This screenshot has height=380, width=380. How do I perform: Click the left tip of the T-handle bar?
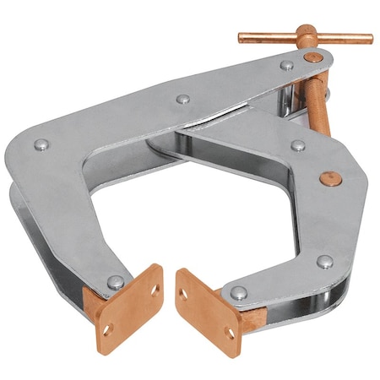click(x=242, y=37)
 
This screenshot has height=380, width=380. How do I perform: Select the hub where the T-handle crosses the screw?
click(x=306, y=37)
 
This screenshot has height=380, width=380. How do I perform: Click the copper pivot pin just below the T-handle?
click(x=313, y=57)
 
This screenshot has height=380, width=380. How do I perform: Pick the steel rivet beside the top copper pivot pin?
click(x=287, y=65)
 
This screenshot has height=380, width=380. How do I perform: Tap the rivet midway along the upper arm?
click(x=183, y=99)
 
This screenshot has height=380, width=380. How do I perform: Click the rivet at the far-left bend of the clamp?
click(x=41, y=145)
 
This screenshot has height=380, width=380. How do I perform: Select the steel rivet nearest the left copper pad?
click(x=116, y=282)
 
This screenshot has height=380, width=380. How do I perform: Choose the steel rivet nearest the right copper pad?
click(x=239, y=293)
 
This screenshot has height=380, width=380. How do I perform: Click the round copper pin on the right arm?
click(x=332, y=179)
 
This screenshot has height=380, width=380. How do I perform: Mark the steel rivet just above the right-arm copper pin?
click(x=298, y=145)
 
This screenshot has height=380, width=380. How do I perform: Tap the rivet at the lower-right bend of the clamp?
click(x=325, y=262)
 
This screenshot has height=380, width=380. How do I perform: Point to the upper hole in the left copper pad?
click(x=155, y=290)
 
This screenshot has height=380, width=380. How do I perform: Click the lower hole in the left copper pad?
click(x=106, y=328)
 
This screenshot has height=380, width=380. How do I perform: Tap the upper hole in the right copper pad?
click(x=183, y=295)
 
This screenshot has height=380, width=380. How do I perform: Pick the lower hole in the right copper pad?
click(x=230, y=333)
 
